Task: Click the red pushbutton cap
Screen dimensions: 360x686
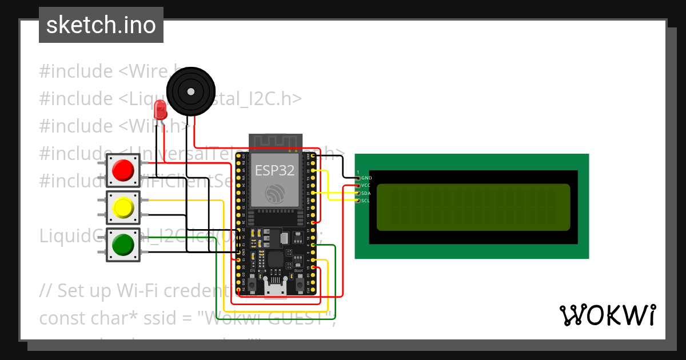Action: tap(123, 170)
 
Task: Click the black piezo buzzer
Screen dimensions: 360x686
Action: tap(190, 91)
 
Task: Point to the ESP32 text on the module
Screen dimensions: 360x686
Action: tap(274, 170)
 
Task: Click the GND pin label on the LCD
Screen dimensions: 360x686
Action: tap(366, 178)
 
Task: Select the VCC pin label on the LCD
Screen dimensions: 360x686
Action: tap(366, 186)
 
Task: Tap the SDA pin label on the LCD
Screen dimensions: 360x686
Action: tap(366, 193)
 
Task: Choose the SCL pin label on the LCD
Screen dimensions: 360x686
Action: tap(366, 201)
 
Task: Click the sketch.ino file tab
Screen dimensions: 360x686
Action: tap(101, 25)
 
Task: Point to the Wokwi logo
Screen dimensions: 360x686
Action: tap(607, 315)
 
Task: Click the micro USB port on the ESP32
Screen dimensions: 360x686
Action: tap(275, 288)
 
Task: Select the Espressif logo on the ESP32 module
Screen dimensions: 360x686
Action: tap(274, 194)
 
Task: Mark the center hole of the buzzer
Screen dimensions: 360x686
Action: tap(190, 91)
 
